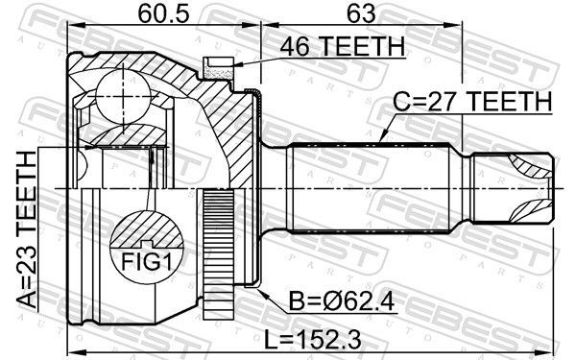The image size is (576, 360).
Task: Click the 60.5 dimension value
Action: pos(163,14)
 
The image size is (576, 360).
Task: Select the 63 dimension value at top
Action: pos(362,14)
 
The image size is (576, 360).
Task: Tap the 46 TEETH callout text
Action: pos(343,46)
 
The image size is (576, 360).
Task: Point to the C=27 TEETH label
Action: pos(472,102)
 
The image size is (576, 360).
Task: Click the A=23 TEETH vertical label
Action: pos(27,230)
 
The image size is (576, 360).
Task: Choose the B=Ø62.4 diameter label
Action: pos(342,302)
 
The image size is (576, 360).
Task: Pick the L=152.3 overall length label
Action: pos(313,340)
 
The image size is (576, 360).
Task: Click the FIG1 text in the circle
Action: pos(146,261)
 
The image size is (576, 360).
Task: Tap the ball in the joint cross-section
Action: pos(123,96)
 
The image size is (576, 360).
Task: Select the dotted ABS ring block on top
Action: pos(219,69)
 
